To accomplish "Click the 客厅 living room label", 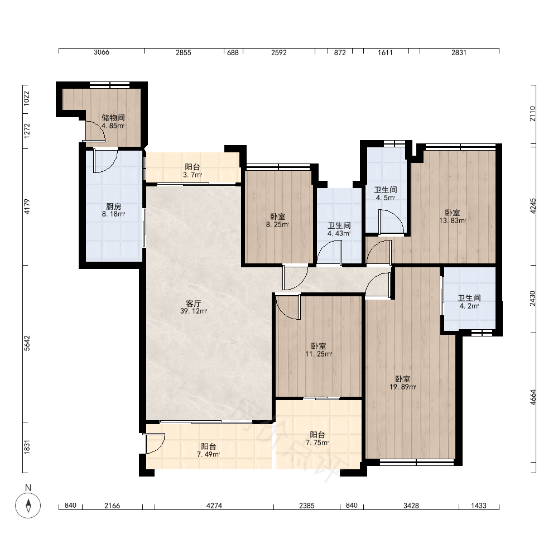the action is (194, 304).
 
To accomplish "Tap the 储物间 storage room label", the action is (113, 118).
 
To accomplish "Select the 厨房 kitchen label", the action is (113, 206).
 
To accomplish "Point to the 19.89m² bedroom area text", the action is (403, 387).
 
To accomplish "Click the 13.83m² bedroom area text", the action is (453, 220).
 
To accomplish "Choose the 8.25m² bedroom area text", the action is (277, 224).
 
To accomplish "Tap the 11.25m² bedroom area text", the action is (319, 354).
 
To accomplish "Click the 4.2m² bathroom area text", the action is (469, 306).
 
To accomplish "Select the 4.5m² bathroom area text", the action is (386, 198).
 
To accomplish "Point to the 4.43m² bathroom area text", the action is (339, 233).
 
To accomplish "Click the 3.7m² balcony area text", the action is (193, 175).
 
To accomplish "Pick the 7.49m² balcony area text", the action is (208, 454).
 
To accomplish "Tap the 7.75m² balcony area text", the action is (317, 442).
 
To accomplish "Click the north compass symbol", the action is (28, 506).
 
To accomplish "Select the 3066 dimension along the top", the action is (102, 52).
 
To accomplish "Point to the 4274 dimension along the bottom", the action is (214, 506).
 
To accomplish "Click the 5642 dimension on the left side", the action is (27, 343).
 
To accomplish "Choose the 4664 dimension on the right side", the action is (532, 397).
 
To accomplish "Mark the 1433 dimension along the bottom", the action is (479, 506).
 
